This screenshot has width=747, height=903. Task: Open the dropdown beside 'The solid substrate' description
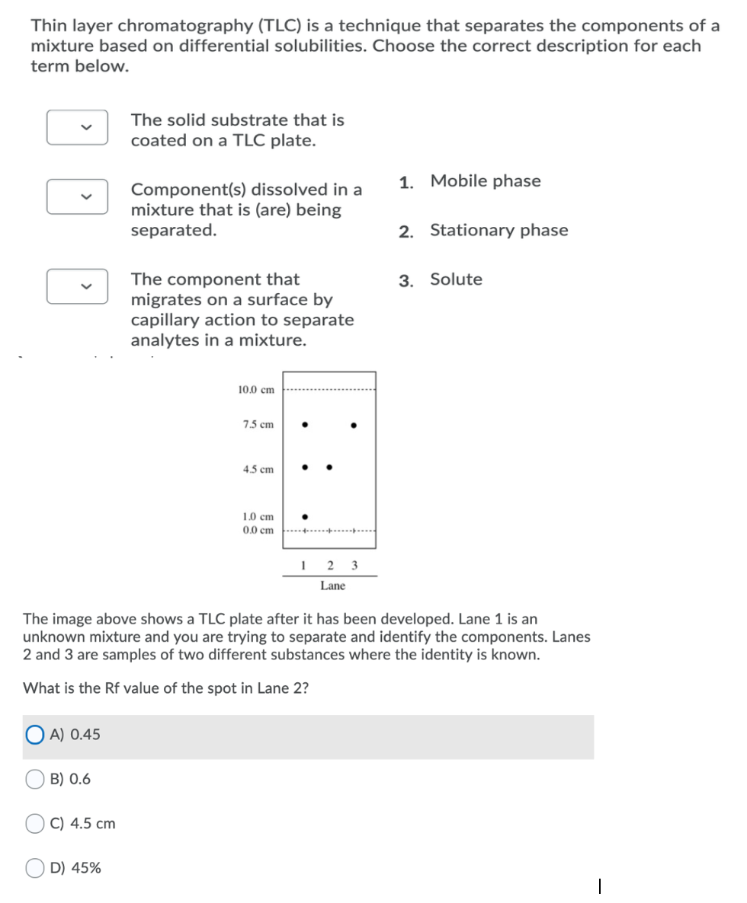[77, 127]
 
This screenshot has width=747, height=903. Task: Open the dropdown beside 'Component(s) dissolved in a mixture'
[77, 196]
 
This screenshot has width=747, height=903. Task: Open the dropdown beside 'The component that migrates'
[77, 286]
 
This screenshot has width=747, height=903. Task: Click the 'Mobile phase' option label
[485, 181]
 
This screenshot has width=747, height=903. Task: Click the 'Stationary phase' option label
[499, 231]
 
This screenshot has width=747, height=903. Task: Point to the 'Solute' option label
[456, 279]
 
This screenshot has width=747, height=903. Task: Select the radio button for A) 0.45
[36, 735]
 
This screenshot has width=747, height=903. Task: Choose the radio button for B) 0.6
[36, 779]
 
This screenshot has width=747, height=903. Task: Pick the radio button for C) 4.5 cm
[36, 823]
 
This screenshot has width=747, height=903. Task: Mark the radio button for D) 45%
[36, 868]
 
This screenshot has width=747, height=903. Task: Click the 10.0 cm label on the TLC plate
[256, 390]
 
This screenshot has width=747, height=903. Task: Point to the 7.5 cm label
[258, 425]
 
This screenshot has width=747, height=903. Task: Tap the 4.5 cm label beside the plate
[258, 470]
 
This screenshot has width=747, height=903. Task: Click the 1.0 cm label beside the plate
[258, 516]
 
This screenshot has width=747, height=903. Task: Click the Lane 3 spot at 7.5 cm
[353, 425]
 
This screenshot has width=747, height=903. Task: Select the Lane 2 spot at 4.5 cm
[329, 467]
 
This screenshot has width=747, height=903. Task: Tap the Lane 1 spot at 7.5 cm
[305, 425]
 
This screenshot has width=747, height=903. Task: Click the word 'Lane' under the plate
[332, 586]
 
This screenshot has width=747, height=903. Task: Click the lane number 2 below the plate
[329, 565]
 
